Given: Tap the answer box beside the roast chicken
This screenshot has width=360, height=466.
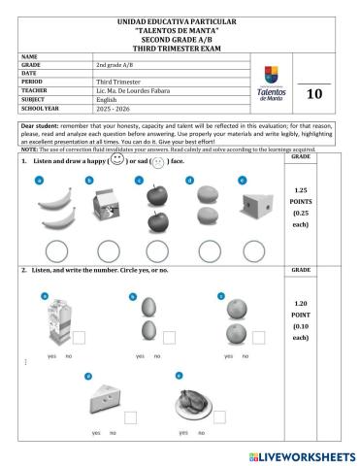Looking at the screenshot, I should click(x=219, y=416).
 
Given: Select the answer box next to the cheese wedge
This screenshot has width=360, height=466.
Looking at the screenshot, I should click(x=129, y=416).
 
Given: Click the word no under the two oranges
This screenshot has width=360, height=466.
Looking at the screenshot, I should click(x=246, y=356).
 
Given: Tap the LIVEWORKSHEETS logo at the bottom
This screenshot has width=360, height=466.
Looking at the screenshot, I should click(x=302, y=455).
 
